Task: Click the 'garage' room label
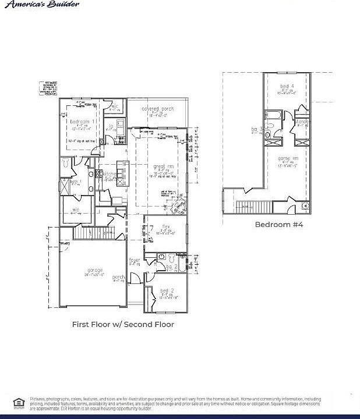pyautogui.click(x=95, y=270)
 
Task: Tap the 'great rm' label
pyautogui.click(x=164, y=166)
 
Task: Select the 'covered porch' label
pyautogui.click(x=158, y=109)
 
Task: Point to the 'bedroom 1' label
pyautogui.click(x=83, y=121)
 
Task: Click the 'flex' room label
pyautogui.click(x=165, y=226)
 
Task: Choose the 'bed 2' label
pyautogui.click(x=167, y=290)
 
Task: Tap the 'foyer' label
pyautogui.click(x=135, y=260)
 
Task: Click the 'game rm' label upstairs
pyautogui.click(x=288, y=158)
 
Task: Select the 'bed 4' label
pyautogui.click(x=288, y=86)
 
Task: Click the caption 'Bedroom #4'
pyautogui.click(x=279, y=224)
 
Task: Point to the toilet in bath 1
pyautogui.click(x=66, y=163)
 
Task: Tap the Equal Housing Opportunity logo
pyautogui.click(x=19, y=402)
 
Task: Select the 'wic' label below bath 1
pyautogui.click(x=76, y=210)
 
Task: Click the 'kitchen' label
pyautogui.click(x=110, y=174)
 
